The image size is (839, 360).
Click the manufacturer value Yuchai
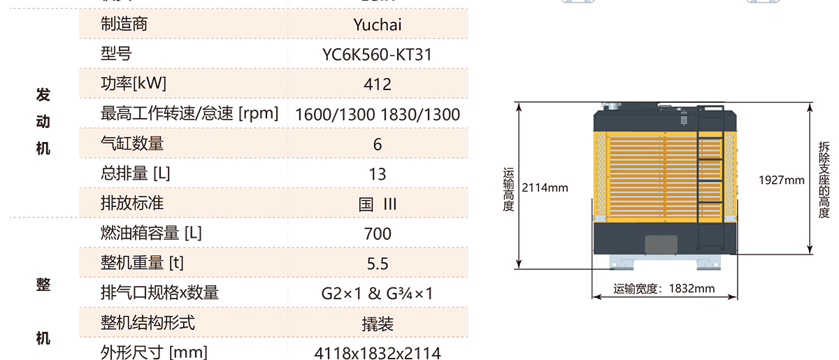click(378, 24)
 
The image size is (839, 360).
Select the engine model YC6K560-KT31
click(378, 55)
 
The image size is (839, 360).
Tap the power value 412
click(378, 85)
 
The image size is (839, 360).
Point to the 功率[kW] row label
click(134, 84)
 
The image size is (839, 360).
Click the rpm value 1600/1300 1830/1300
click(378, 115)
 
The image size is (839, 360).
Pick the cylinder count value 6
click(378, 145)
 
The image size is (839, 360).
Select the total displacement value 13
click(378, 174)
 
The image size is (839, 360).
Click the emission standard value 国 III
click(378, 204)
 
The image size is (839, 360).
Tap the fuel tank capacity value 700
click(378, 233)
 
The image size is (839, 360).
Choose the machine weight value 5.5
click(378, 264)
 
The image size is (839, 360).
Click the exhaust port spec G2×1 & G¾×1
click(378, 294)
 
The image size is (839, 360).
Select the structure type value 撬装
click(378, 324)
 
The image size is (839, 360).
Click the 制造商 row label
click(124, 24)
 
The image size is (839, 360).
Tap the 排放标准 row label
click(132, 204)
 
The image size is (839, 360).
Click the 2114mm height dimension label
click(545, 187)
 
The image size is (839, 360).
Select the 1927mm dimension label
click(782, 180)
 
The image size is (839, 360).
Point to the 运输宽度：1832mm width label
click(664, 288)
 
